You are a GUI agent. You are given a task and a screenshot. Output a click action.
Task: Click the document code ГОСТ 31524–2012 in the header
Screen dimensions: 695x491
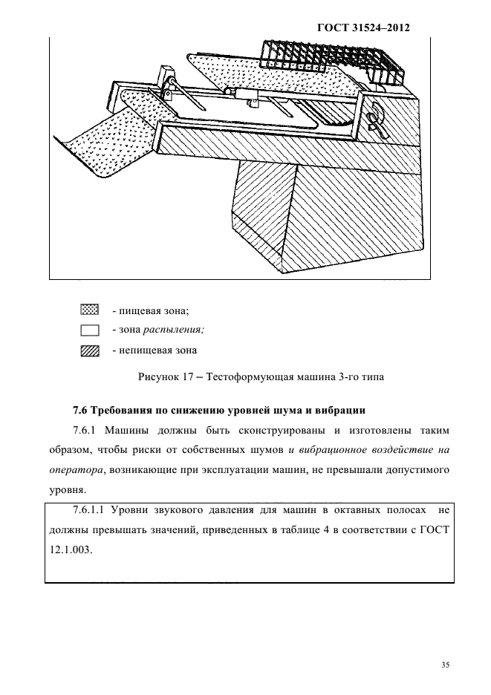point(364,27)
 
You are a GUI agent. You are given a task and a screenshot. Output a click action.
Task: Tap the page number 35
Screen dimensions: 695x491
point(445,665)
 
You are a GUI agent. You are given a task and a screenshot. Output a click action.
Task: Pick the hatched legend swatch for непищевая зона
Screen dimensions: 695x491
point(89,350)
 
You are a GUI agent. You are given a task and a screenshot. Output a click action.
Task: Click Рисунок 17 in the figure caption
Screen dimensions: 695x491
point(166,377)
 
